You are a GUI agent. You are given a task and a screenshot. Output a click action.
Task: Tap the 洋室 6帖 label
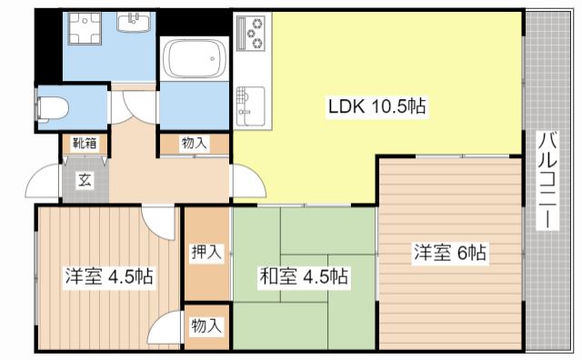tap(450, 254)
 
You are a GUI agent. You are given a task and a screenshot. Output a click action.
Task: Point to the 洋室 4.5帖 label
tap(107, 275)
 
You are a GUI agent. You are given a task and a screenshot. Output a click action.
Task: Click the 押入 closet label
tap(206, 253)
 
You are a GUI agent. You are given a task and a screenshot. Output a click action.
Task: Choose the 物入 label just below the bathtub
tap(195, 143)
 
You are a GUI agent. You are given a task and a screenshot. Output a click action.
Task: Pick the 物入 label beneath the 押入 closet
tap(206, 325)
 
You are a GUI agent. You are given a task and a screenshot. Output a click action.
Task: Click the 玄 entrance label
tap(84, 179)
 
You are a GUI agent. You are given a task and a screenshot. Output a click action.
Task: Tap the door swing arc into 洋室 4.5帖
tap(157, 220)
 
